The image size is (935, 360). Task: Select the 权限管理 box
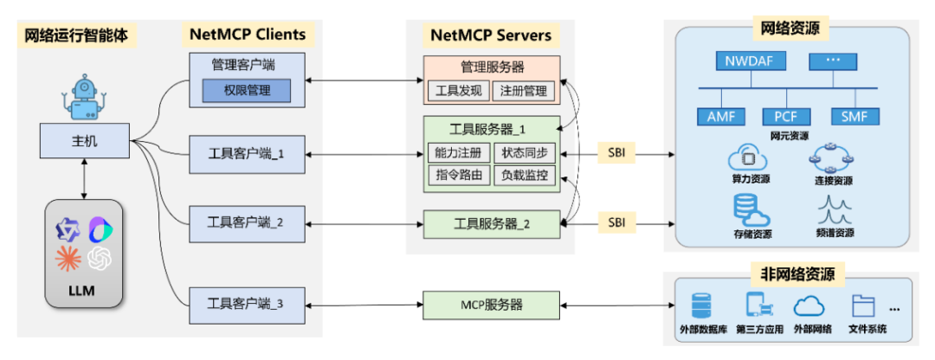246,90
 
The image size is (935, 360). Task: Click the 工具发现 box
459,89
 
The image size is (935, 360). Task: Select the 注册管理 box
524,89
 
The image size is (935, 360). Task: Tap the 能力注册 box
459,152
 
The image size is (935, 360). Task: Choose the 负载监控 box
524,175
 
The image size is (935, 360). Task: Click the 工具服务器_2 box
492,224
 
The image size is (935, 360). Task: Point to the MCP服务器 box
492,305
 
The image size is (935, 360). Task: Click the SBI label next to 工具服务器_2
616,222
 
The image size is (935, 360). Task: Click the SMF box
854,117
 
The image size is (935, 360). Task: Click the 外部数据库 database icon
701,305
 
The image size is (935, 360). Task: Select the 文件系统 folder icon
863,305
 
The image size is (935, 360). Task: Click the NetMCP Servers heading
491,35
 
